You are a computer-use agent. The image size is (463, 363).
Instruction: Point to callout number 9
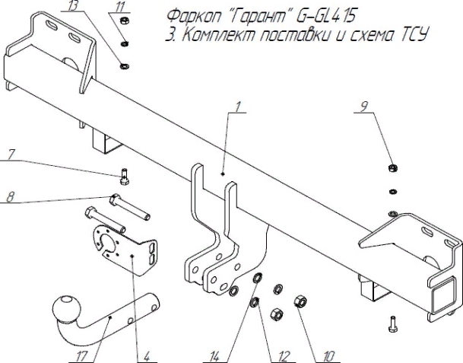click(365, 108)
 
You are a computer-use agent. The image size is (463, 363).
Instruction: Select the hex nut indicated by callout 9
click(391, 167)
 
